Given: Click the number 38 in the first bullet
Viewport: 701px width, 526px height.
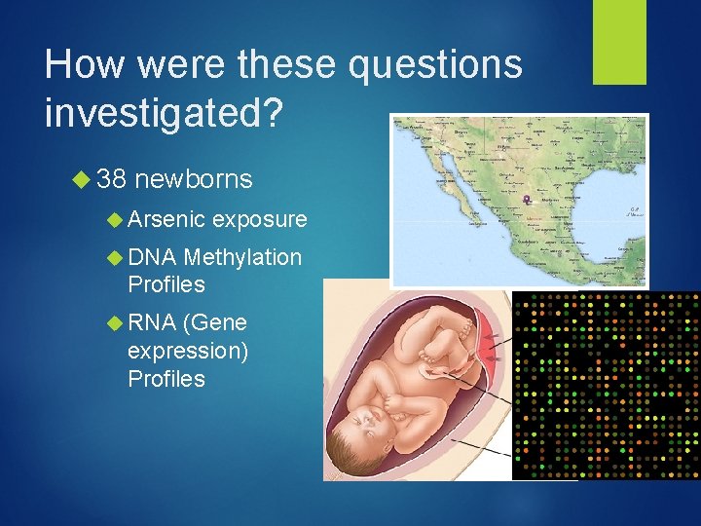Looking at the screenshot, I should coord(111,179).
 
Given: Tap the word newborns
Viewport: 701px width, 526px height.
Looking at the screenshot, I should coord(194,179).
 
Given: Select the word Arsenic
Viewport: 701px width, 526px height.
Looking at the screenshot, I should coord(166,220).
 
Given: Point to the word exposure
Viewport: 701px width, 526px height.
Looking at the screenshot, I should coord(259,220).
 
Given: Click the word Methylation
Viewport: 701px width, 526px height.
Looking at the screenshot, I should coord(242,257).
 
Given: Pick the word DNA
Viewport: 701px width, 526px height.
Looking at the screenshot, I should coord(151,257).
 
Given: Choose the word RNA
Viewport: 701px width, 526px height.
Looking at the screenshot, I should coord(151,322).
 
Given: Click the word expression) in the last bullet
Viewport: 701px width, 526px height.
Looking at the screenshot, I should coord(188,350).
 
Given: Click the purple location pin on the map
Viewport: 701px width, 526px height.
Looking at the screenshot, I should coord(527,201).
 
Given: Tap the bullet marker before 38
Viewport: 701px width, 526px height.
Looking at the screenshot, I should coord(83,180).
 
